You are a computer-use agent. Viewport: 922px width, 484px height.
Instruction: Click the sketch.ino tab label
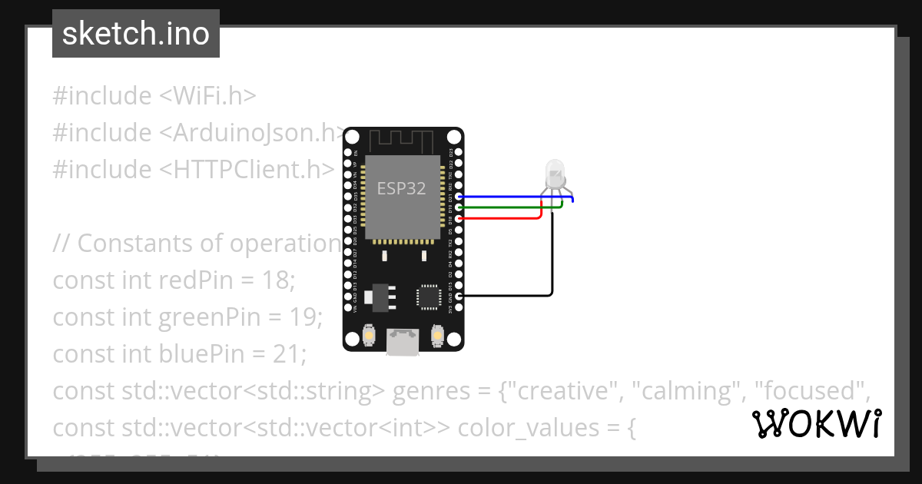tap(136, 34)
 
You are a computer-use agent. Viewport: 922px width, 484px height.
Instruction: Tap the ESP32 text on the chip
tap(401, 189)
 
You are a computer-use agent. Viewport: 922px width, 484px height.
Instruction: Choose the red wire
tap(499, 218)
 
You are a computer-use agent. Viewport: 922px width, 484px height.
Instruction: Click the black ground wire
tap(552, 261)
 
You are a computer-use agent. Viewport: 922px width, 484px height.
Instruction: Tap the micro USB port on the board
tap(403, 342)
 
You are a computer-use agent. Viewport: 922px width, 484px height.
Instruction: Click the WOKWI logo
tap(817, 424)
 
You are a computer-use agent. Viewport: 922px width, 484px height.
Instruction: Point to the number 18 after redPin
tap(280, 280)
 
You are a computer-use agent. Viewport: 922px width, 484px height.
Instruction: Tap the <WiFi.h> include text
tap(207, 96)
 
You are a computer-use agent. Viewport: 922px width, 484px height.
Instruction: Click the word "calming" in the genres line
tap(681, 391)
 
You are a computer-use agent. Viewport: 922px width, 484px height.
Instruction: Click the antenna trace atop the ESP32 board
tap(403, 141)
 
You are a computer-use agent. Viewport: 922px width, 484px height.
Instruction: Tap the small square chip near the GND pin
tap(427, 297)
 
